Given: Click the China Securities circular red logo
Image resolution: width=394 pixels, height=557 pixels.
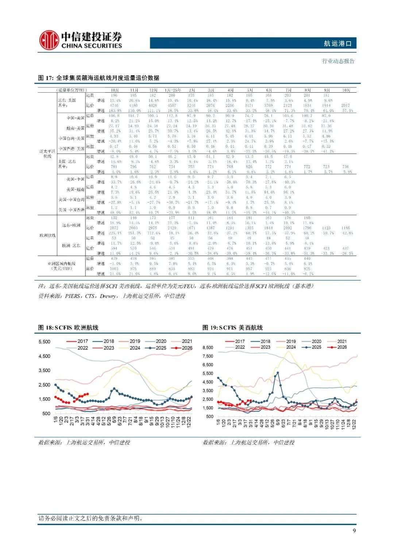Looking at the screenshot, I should point(49,40).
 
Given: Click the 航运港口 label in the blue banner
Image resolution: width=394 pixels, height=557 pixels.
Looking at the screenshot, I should point(337,43).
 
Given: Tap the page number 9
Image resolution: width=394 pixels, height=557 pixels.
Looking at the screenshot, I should point(354,530).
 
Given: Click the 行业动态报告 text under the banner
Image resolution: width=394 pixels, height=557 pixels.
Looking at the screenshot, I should point(338,61).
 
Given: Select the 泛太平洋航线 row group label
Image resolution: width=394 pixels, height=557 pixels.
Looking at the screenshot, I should point(47,154).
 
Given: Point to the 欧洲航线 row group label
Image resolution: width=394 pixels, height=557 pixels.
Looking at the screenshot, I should point(47,235).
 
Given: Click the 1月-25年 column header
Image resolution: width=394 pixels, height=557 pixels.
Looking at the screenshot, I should point(173,90).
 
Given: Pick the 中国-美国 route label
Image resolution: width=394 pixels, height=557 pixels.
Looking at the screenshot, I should point(76,118).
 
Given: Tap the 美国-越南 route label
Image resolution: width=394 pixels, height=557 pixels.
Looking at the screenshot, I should point(76,190).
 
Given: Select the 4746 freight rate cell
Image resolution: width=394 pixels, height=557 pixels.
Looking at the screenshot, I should point(114,105).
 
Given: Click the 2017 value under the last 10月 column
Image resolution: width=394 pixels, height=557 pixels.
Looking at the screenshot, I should point(345,105).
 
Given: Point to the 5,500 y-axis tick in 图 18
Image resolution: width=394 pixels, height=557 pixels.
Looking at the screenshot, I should point(45,342).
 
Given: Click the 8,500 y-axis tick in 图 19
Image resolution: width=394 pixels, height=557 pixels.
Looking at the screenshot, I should point(208,348).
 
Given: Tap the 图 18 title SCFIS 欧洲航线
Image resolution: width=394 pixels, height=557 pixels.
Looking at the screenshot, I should point(68,328).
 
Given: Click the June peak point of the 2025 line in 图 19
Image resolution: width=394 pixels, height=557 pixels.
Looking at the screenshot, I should point(278,373).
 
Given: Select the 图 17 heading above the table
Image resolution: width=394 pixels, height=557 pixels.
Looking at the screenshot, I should point(98,78).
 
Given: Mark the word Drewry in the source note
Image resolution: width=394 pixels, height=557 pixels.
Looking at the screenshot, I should point(108,296).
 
